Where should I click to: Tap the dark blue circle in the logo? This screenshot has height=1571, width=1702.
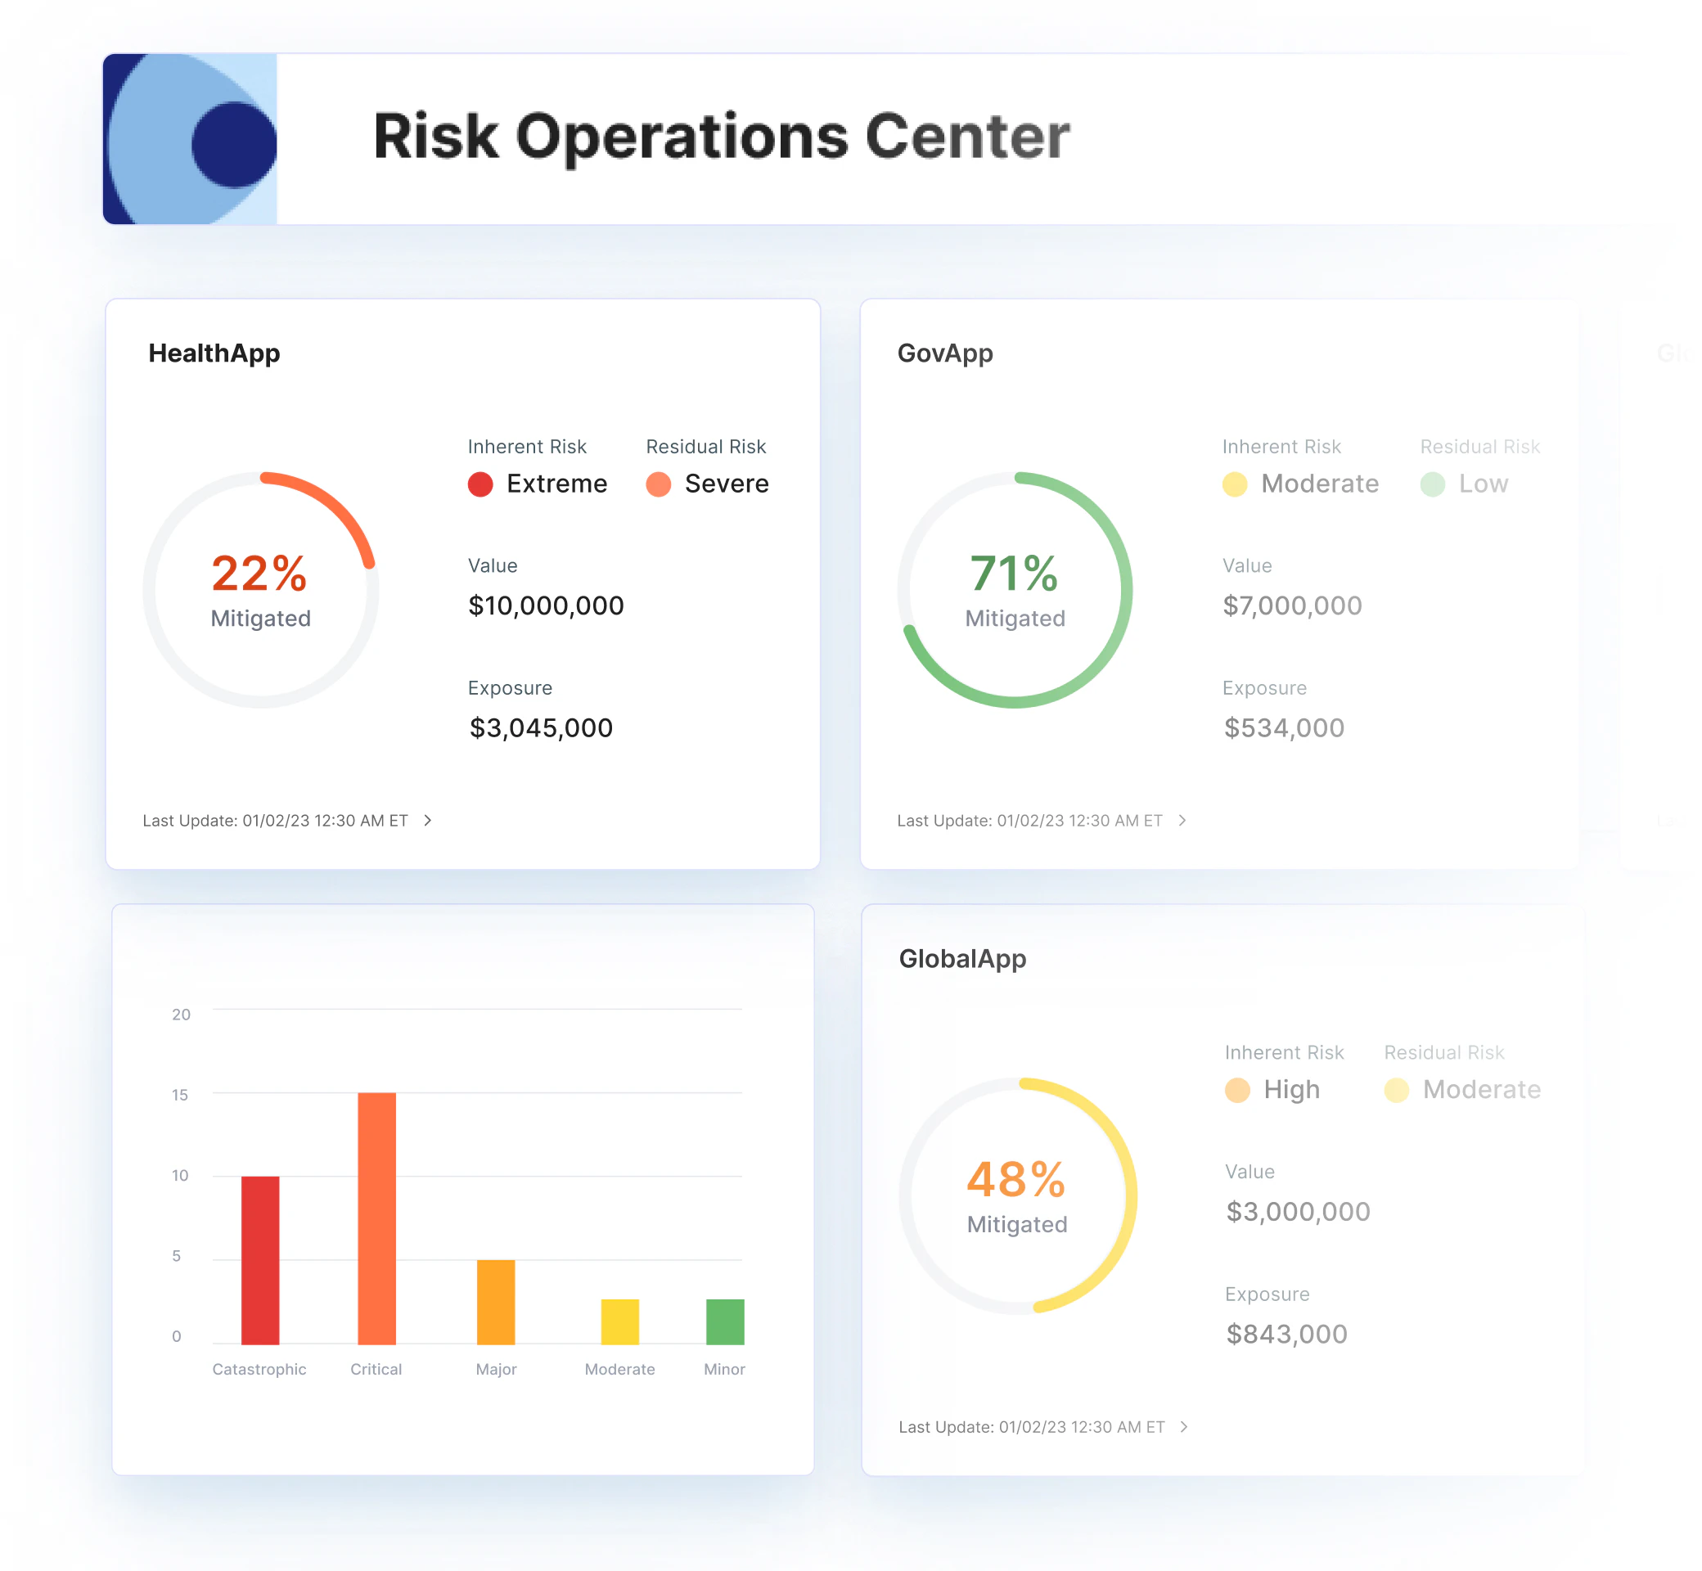(233, 145)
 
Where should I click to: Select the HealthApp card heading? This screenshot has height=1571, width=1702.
(214, 353)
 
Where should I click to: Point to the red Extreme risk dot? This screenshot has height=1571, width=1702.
(480, 484)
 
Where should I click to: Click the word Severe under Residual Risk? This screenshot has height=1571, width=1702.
(726, 484)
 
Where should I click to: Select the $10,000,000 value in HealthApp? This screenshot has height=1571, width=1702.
(546, 605)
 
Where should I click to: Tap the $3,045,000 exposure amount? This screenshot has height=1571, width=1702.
(541, 727)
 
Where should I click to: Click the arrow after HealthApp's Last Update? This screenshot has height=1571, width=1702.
(428, 821)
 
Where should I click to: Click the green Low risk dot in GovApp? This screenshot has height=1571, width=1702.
(1433, 484)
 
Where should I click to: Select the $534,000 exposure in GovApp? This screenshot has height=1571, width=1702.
(1284, 727)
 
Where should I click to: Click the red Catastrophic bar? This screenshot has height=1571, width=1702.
(260, 1260)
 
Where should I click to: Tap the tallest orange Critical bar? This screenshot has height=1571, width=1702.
(376, 1218)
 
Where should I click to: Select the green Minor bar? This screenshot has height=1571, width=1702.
(725, 1321)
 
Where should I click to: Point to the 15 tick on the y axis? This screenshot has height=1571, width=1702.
(179, 1094)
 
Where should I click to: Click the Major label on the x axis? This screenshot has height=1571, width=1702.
(496, 1369)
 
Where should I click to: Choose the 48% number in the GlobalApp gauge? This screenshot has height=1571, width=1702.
(1016, 1179)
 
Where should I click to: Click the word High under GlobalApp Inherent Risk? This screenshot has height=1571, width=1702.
(1291, 1089)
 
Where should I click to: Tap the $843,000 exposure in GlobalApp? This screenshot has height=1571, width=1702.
(1286, 1334)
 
